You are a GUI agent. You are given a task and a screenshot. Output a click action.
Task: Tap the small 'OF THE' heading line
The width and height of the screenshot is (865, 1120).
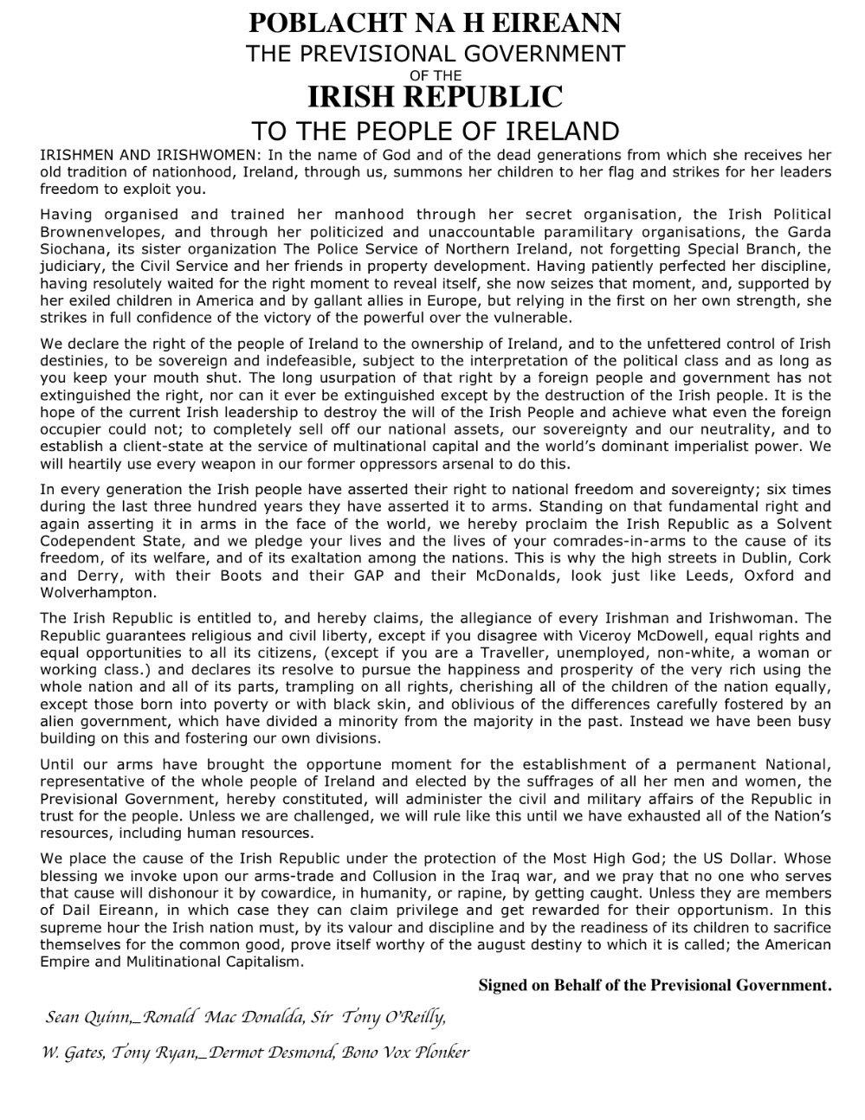pyautogui.click(x=435, y=75)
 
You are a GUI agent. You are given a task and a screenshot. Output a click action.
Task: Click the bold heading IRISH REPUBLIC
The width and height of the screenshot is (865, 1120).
pyautogui.click(x=435, y=96)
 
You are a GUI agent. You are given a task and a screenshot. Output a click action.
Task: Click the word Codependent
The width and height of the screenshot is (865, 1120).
pyautogui.click(x=89, y=542)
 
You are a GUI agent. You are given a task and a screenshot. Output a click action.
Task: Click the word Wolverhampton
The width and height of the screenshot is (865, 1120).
pyautogui.click(x=98, y=593)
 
